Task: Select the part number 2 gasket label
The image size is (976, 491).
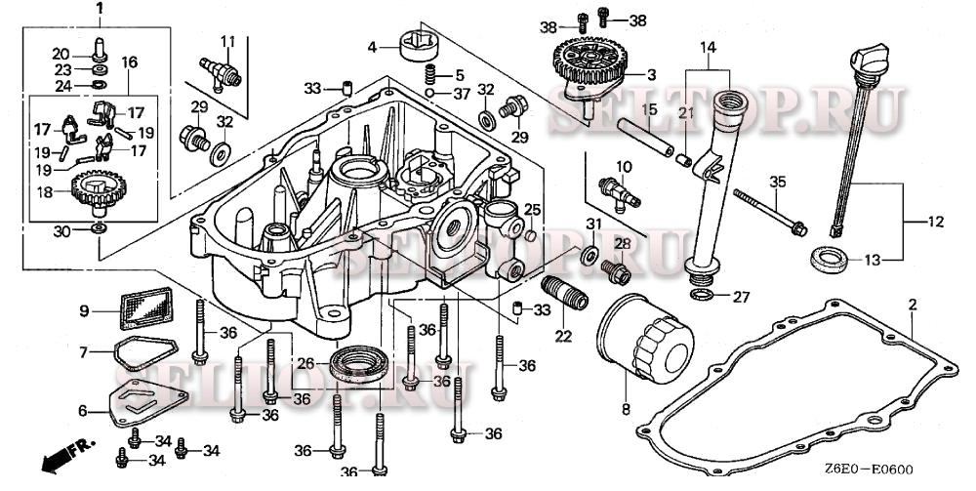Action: pos(912,305)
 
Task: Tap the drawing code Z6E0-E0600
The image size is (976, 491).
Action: pos(871,469)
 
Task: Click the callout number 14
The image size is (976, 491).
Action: pos(708,48)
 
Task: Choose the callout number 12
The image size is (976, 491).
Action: pos(936,223)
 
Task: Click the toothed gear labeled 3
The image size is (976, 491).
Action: pos(585,59)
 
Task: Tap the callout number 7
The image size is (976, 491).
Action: pos(84,350)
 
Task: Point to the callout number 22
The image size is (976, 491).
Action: pos(562,337)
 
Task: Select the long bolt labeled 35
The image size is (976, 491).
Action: pos(766,208)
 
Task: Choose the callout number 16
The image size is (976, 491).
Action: pos(129,61)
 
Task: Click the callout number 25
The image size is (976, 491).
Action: pos(531,209)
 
